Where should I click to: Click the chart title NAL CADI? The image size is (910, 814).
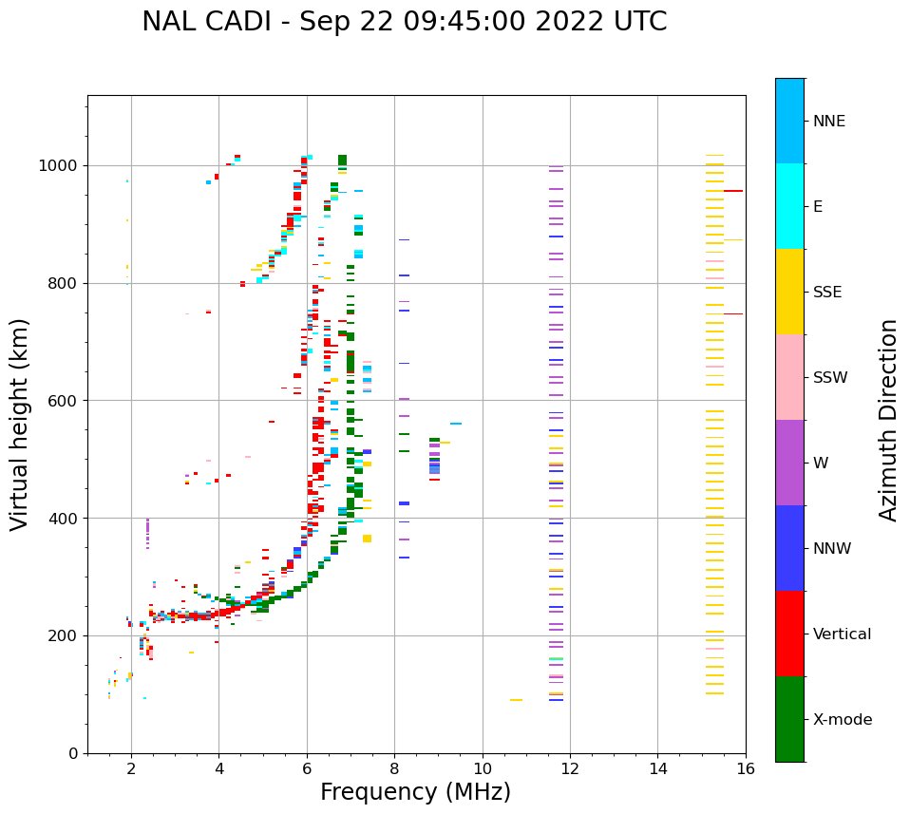pos(404,22)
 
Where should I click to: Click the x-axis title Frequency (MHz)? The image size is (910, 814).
pos(415,792)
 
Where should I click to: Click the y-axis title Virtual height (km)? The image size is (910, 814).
pos(21,425)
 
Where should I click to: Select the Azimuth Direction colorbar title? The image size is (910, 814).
pos(888,419)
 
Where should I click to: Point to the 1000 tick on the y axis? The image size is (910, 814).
pos(64,165)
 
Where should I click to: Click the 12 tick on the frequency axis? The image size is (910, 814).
pos(570,769)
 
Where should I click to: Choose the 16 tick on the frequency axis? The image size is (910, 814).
pos(746,769)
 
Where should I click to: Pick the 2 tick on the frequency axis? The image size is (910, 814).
pos(131,769)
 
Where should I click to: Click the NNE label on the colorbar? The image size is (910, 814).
pos(828,122)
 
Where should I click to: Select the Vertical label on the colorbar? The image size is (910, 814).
pos(842,634)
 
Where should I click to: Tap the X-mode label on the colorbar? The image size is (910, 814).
pos(843,720)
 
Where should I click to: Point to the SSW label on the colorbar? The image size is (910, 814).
pos(830,378)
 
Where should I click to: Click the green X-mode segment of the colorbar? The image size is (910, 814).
pos(789,719)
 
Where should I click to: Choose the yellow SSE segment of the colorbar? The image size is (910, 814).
pos(789,292)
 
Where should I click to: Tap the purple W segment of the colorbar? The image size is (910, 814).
pos(789,463)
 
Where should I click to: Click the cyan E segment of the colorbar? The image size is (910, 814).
pos(789,206)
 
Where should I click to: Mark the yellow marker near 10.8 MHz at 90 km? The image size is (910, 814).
pos(516,700)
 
